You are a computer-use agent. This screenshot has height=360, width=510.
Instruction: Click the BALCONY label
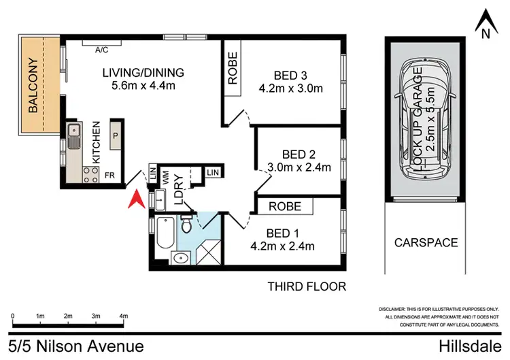(x=33, y=85)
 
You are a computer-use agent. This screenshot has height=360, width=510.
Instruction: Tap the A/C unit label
(x=101, y=50)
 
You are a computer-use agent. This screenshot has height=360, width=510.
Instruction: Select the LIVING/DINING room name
(x=143, y=73)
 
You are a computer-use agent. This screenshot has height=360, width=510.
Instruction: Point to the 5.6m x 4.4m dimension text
(x=143, y=86)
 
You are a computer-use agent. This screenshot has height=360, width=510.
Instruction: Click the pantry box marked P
(x=116, y=135)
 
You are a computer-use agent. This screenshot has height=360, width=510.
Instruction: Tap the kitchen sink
(x=74, y=136)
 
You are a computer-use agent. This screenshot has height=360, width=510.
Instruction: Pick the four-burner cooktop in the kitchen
(x=90, y=175)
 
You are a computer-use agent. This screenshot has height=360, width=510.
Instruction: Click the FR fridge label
(x=109, y=176)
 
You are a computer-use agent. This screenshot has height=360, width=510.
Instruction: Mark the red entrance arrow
(x=137, y=199)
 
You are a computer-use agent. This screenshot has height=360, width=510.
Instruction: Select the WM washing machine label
(x=165, y=178)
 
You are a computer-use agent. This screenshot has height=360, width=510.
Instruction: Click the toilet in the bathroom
(x=186, y=223)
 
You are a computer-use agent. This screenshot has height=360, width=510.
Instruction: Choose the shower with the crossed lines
(x=209, y=252)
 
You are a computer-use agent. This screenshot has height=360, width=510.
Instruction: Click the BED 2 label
(x=299, y=154)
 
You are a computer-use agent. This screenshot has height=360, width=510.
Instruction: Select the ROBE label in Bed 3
(x=233, y=68)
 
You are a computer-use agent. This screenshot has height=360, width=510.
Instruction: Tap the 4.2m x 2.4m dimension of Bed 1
(x=282, y=246)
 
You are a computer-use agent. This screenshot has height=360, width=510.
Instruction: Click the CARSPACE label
(x=426, y=242)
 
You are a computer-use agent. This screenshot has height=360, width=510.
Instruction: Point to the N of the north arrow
(x=486, y=33)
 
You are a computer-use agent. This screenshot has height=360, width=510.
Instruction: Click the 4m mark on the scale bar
(x=124, y=316)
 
